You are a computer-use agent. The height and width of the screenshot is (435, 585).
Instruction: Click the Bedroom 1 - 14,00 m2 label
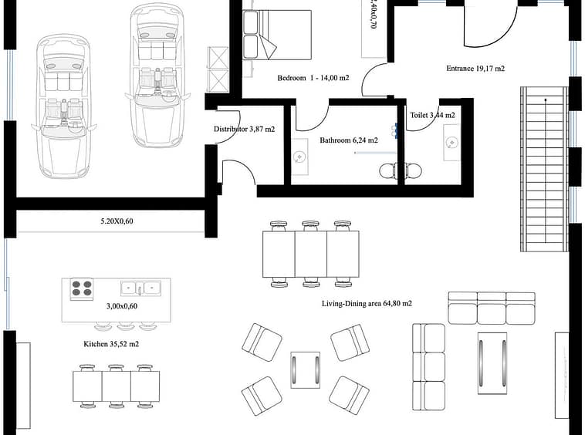click(313, 78)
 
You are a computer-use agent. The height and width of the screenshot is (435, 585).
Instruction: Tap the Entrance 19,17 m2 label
click(475, 68)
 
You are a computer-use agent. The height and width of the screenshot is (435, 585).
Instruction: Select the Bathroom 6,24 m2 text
click(349, 140)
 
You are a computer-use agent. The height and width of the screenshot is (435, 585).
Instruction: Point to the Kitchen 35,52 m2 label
click(111, 344)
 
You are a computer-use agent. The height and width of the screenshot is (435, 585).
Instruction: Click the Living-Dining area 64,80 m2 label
click(367, 303)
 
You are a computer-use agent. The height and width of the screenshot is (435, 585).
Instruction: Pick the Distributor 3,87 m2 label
click(245, 129)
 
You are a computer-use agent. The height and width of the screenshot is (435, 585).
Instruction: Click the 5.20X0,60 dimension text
click(117, 221)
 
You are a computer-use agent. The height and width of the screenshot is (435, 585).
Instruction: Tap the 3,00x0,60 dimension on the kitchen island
click(122, 306)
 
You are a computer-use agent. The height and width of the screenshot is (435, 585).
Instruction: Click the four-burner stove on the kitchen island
click(82, 288)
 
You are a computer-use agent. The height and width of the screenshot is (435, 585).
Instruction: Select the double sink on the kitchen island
click(140, 288)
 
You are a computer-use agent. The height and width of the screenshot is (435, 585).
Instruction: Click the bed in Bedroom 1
click(277, 35)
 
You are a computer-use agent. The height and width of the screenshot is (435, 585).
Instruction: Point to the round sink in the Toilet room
click(452, 143)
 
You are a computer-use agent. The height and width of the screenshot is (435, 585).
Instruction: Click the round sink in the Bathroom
click(299, 157)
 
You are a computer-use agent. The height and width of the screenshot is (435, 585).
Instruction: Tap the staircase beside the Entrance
click(544, 169)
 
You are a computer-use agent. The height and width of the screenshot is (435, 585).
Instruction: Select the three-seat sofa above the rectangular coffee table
click(492, 308)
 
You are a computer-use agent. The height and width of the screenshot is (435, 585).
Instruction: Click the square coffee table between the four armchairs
click(305, 369)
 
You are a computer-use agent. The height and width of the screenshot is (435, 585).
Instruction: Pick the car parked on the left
click(63, 106)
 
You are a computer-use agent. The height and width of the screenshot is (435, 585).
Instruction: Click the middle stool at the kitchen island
click(126, 326)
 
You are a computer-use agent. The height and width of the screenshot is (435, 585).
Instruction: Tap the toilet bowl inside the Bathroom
click(388, 171)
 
